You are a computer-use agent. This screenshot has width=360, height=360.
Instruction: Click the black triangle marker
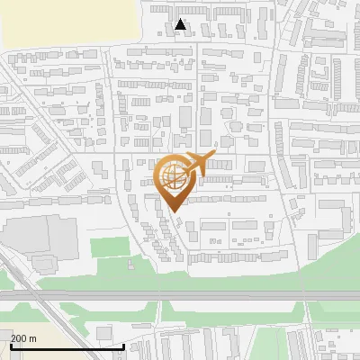point(181,24)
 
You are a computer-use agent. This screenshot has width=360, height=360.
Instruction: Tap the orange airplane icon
point(196,164)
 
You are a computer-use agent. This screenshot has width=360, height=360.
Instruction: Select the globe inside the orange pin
point(173,178)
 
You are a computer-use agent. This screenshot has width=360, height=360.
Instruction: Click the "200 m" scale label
point(23,337)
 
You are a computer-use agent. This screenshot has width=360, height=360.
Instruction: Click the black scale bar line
point(67,346)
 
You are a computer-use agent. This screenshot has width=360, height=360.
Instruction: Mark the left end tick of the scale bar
point(11,346)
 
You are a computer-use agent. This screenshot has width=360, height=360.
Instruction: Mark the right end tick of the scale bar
point(123,346)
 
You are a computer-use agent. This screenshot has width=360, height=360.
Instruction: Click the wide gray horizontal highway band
point(180,294)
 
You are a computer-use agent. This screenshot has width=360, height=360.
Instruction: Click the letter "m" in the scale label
point(32,337)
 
